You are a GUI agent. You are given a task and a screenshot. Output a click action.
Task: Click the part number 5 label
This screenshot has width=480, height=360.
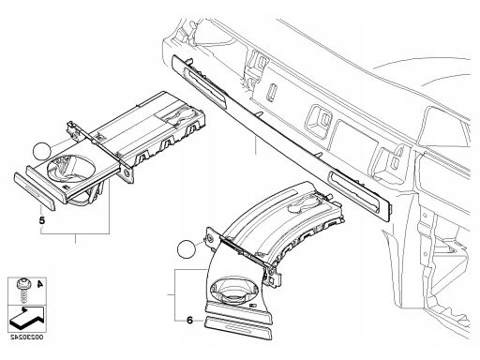coord(42,220)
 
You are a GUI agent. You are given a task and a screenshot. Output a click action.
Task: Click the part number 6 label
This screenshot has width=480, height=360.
coord(189,320)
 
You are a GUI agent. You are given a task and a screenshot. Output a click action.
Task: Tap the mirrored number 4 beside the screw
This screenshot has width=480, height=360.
coord(39,284)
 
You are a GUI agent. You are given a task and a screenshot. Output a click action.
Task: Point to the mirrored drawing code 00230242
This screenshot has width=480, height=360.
coord(26,337)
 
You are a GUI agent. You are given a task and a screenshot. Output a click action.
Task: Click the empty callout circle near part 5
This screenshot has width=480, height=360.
coord(42,151)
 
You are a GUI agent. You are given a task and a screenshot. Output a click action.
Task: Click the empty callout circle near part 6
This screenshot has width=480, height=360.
coord(187,249)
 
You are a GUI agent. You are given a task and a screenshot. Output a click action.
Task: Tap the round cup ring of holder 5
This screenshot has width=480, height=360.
coord(71,169)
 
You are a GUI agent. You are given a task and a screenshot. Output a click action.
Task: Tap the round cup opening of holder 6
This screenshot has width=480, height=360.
coord(234,290)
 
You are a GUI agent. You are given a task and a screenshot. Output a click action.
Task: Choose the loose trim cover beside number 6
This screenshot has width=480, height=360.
coord(238,327)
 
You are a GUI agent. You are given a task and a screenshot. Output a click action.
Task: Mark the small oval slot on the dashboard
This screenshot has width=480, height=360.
coord(271,91)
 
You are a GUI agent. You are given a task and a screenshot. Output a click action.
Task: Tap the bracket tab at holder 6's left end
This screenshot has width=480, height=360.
coord(209,238)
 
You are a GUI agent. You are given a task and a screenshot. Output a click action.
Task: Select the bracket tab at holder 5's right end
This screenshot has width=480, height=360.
coord(127,171)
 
